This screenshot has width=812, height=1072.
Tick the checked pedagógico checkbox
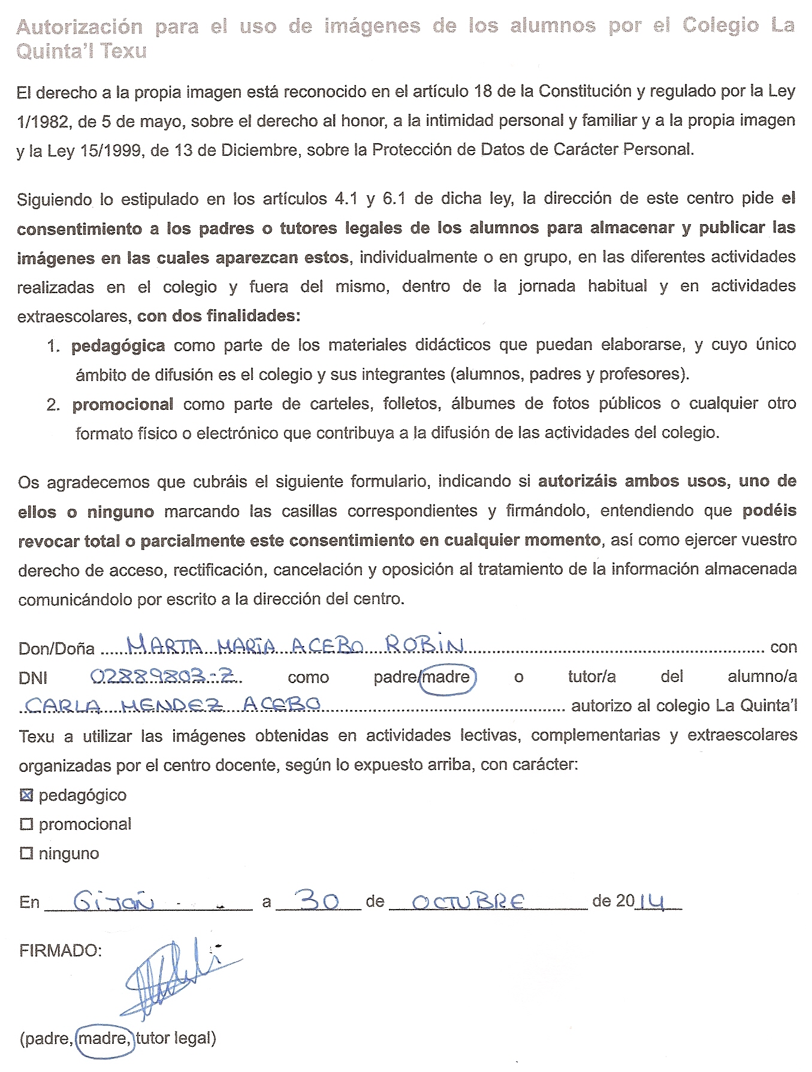[x=26, y=795]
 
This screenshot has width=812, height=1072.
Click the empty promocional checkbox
[x=26, y=825]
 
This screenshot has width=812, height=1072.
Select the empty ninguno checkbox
[x=26, y=853]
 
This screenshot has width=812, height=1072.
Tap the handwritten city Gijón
[x=113, y=901]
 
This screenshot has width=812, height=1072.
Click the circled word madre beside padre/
[x=446, y=677]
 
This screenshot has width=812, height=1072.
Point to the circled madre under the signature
[x=105, y=1038]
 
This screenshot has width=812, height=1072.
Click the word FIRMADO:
[x=61, y=950]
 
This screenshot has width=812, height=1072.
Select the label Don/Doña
[x=56, y=648]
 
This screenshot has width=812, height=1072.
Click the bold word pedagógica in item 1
[x=118, y=346]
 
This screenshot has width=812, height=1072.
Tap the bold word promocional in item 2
[x=123, y=404]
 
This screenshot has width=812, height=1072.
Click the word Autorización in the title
[x=80, y=26]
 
